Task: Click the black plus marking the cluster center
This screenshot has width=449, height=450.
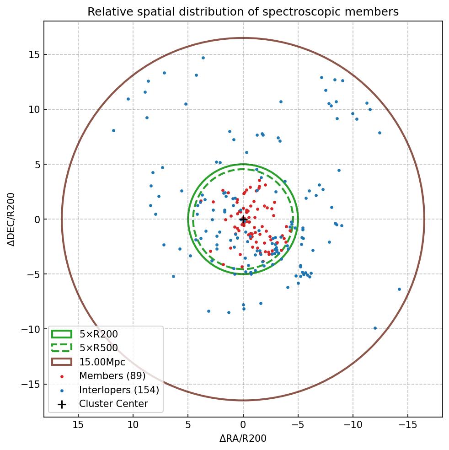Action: click(243, 220)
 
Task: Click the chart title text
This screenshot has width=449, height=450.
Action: click(243, 12)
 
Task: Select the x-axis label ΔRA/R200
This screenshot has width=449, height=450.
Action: click(243, 439)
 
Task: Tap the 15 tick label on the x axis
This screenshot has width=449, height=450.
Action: click(78, 425)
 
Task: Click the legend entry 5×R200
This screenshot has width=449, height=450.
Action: click(99, 334)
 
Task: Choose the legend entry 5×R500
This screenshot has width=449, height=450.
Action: click(99, 348)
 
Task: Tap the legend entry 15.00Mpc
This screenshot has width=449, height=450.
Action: click(102, 362)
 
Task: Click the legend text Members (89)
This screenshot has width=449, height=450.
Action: click(112, 376)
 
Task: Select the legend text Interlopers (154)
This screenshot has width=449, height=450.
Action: click(119, 390)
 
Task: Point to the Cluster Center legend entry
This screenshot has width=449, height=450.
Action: click(113, 404)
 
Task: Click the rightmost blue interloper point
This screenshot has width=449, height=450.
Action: click(399, 289)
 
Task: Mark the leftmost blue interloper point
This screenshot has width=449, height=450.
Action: click(113, 130)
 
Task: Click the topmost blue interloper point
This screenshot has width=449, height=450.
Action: click(203, 58)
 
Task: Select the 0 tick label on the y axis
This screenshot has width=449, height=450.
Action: click(36, 220)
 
